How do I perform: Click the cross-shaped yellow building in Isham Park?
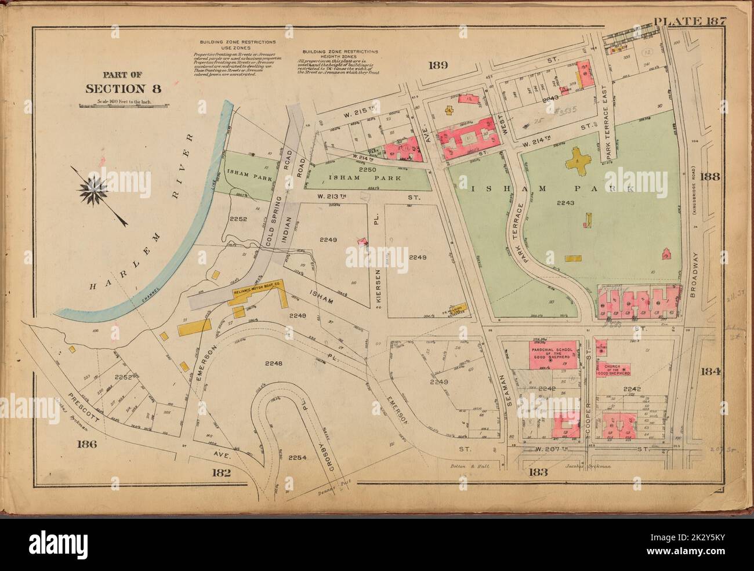pyautogui.click(x=579, y=158)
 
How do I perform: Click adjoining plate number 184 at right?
pyautogui.click(x=710, y=372)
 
